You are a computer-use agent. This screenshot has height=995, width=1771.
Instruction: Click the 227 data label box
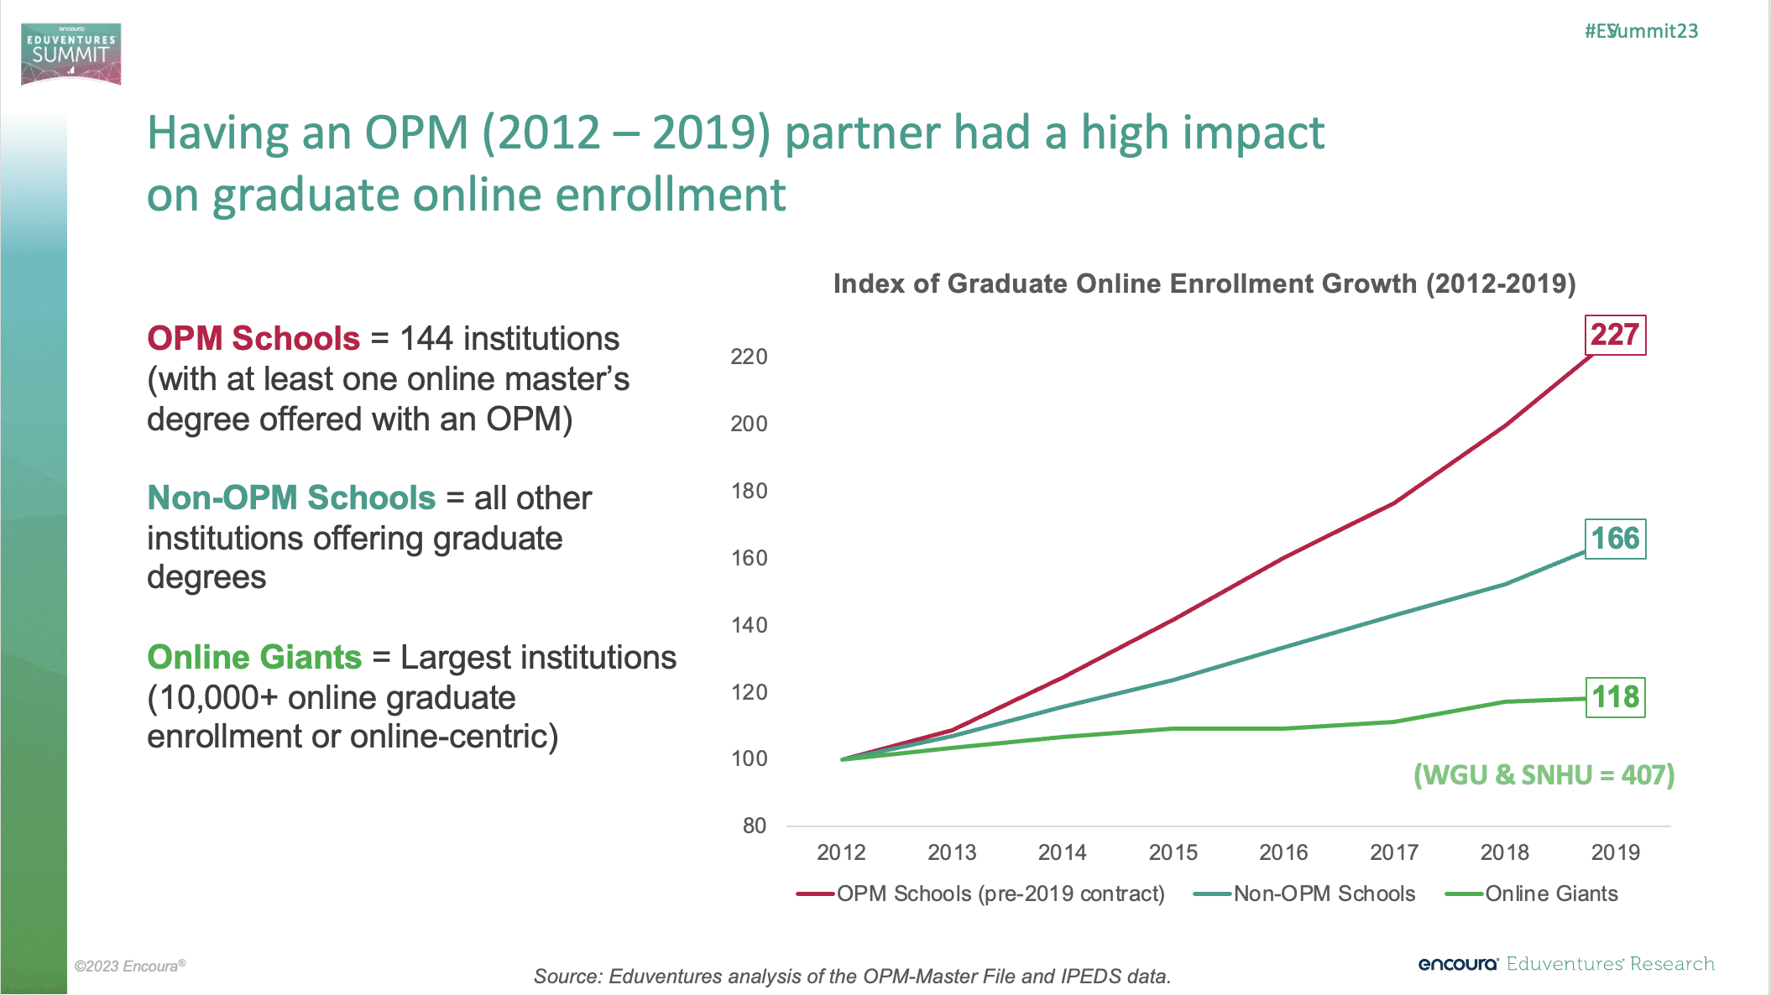pos(1614,335)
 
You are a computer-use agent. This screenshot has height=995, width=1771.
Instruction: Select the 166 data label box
pos(1615,539)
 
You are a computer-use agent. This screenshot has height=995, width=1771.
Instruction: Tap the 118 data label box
pos(1615,697)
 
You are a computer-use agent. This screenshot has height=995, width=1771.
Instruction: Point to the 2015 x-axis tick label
pos(1173,852)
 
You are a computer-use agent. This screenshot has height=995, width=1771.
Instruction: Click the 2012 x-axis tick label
pos(841,852)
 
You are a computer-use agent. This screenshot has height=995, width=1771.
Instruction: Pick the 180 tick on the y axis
pos(749,491)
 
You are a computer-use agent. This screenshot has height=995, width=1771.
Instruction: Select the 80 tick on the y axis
pos(755,826)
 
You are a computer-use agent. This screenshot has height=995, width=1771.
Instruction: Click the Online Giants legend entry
pos(1533,894)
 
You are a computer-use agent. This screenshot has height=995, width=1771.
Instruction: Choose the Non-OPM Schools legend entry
pos(1305,894)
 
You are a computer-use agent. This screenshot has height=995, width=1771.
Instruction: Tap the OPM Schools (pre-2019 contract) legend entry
pos(981,894)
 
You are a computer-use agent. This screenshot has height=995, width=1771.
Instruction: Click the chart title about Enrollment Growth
pos(1204,284)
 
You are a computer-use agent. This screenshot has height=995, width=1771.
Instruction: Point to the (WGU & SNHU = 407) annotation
pos(1544,774)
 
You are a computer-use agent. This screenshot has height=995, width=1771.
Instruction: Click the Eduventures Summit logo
pos(71,54)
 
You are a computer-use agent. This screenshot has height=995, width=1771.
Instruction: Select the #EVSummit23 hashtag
pos(1641,31)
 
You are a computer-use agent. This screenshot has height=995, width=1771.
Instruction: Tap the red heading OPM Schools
pos(253,339)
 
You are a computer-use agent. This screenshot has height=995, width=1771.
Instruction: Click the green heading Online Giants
pos(254,658)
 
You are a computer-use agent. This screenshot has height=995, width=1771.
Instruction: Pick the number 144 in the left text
pos(426,339)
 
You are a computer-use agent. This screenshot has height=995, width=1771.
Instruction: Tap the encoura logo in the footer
pos(1458,964)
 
